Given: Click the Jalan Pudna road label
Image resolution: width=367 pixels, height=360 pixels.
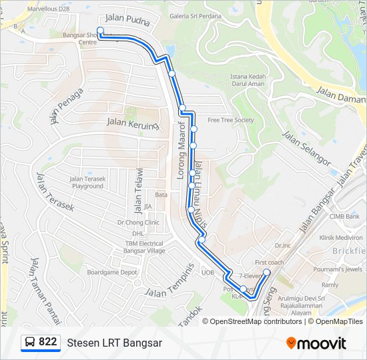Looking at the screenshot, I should click(129, 21).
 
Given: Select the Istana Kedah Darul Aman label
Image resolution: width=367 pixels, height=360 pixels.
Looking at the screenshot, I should click(248, 80).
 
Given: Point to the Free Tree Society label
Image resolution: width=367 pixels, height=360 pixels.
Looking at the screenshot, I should click(231, 120).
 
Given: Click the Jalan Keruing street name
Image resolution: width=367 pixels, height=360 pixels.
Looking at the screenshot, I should click(133, 123).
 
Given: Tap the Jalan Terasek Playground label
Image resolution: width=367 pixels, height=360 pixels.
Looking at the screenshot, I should click(87, 182).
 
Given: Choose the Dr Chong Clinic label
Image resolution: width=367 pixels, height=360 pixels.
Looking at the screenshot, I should click(138, 223).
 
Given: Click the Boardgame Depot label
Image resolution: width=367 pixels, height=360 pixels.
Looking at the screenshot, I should click(111, 272).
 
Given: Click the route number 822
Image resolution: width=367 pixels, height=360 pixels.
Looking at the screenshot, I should click(47, 342).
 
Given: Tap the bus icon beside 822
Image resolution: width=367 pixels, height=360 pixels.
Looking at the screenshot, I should click(30, 343).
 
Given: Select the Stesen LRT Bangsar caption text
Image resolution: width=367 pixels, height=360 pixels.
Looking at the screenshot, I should click(114, 343).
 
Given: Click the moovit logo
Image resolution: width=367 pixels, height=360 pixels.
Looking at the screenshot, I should click(316, 343).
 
